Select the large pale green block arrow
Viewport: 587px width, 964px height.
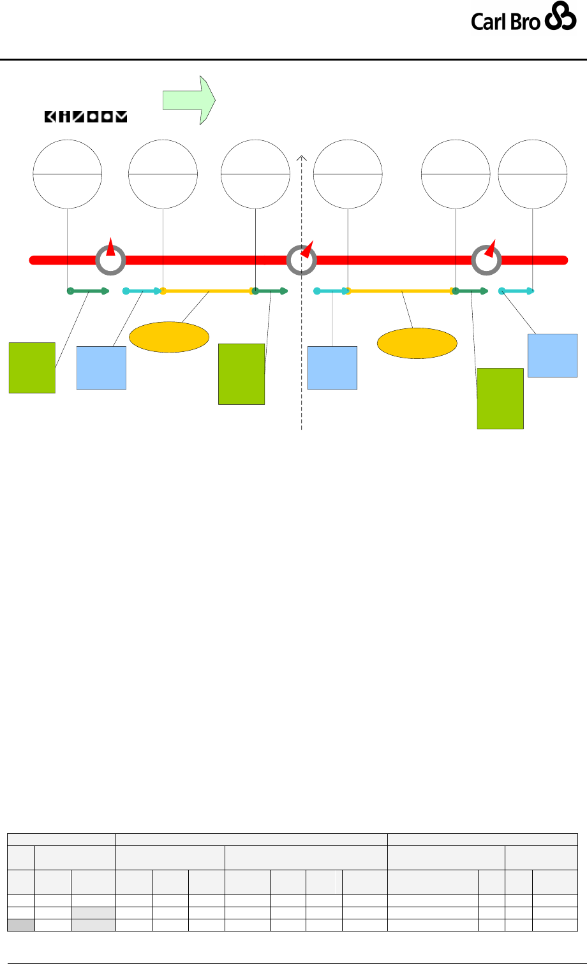click(189, 100)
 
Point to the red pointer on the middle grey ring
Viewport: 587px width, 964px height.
click(309, 249)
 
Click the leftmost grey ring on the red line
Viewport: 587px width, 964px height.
click(110, 260)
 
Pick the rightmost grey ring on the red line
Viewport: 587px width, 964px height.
click(486, 260)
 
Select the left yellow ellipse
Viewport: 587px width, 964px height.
click(169, 337)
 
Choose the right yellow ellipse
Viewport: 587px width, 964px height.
click(417, 343)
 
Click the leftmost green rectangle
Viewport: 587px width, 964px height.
click(32, 367)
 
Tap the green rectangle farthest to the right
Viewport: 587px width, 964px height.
click(500, 398)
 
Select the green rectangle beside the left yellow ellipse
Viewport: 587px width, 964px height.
click(241, 374)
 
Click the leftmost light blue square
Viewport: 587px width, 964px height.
click(101, 367)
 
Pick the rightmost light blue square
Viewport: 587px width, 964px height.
click(553, 355)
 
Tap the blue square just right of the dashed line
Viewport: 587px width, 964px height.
click(332, 367)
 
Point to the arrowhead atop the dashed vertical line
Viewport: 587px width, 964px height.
click(302, 157)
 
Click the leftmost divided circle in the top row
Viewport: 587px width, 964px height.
click(67, 173)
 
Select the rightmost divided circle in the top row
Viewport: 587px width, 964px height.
click(532, 173)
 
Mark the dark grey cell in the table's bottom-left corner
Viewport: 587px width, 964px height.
click(21, 924)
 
